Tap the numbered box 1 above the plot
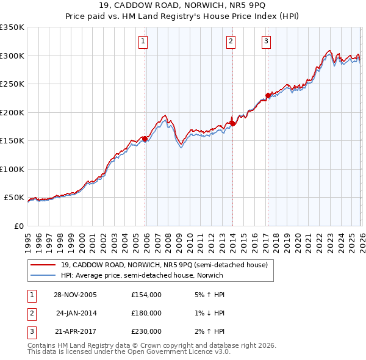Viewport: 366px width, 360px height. (142, 41)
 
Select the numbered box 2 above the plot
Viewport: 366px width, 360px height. (231, 41)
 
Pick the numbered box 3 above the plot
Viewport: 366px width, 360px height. (267, 41)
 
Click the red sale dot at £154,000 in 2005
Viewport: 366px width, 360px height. (145, 139)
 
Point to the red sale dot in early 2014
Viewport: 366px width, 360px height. (232, 124)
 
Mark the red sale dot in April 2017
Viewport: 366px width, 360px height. (268, 96)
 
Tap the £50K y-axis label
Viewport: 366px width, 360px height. (14, 198)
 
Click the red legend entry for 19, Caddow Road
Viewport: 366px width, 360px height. (164, 265)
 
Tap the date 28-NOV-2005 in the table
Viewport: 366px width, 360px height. (75, 295)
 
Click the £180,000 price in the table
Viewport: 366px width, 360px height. (146, 313)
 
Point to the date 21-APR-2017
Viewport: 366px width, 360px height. (75, 331)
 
